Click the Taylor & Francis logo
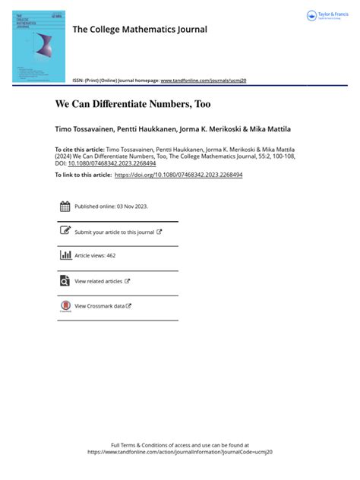[x=325, y=16]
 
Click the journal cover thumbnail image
[x=38, y=46]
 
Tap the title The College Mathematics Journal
[x=139, y=30]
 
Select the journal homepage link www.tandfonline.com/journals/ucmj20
[x=204, y=80]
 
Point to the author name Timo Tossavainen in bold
[x=84, y=129]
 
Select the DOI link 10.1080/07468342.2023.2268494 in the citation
[x=112, y=163]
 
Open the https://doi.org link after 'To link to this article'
[x=178, y=175]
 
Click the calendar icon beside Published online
[x=65, y=206]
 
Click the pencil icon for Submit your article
[x=65, y=231]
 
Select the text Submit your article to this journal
[x=114, y=232]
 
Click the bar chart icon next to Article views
[x=65, y=255]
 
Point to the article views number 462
[x=111, y=256]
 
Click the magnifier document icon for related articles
[x=65, y=281]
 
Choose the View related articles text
[x=99, y=282]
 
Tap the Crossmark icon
[x=65, y=306]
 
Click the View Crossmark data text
[x=99, y=306]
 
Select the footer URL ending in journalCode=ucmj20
[x=180, y=452]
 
